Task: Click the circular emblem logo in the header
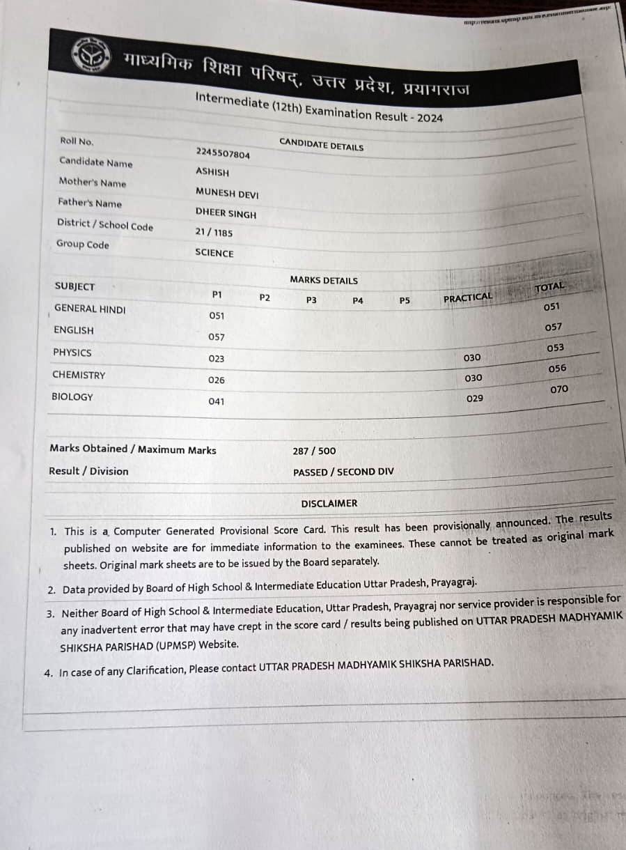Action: [91, 54]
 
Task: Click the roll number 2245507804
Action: [223, 154]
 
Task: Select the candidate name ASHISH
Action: [212, 172]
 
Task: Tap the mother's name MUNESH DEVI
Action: [227, 194]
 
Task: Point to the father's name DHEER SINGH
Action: [226, 214]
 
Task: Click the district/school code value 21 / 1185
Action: [214, 233]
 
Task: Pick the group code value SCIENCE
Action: [214, 253]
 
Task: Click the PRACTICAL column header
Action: [468, 297]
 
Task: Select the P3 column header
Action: [311, 300]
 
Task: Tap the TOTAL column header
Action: [549, 286]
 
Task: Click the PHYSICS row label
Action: [72, 353]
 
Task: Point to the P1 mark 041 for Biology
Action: [217, 401]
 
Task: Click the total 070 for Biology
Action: [559, 389]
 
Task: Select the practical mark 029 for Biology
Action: [474, 399]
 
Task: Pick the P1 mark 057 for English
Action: [217, 337]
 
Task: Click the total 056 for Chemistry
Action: [558, 369]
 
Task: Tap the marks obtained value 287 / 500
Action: [314, 451]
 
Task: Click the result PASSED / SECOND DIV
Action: [343, 472]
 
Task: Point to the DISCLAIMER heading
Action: [329, 503]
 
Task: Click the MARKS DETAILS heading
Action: [324, 280]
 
